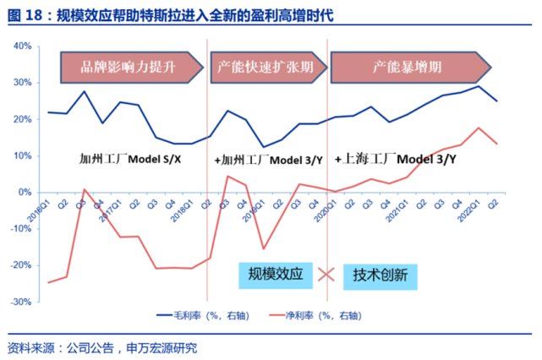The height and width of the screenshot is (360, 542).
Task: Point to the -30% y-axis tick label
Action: [x=20, y=301]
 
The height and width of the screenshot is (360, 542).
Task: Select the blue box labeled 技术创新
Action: [x=380, y=275]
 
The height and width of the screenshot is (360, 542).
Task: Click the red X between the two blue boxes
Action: [x=326, y=275]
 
